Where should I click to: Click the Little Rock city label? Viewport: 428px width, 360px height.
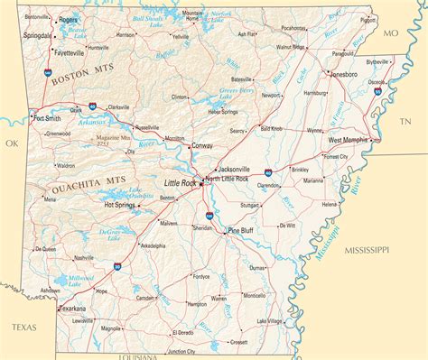(x=179, y=183)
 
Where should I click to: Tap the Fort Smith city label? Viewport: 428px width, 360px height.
(x=48, y=118)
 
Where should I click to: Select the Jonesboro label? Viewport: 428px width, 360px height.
(x=343, y=74)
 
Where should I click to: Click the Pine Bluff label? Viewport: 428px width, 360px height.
(x=241, y=231)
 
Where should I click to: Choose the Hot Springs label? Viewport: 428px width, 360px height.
(x=119, y=205)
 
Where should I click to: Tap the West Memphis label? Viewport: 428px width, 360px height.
(x=347, y=141)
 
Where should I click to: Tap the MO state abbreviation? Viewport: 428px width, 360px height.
(x=390, y=33)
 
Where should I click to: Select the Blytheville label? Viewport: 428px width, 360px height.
(x=377, y=61)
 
